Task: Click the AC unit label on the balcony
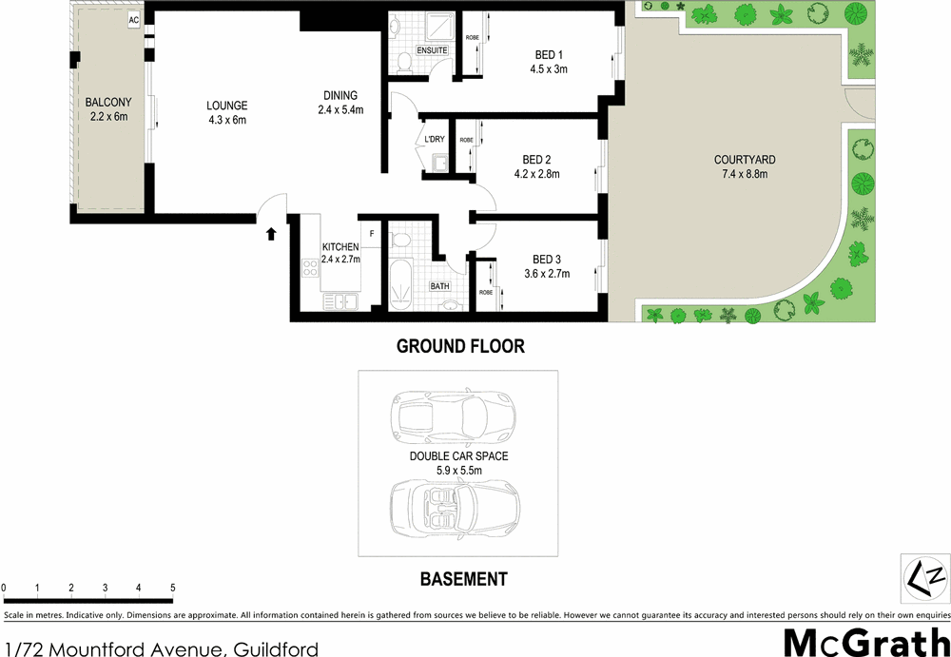(x=134, y=19)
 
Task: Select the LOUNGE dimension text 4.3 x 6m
(x=226, y=120)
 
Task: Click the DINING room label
(x=340, y=95)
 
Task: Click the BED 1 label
(x=549, y=54)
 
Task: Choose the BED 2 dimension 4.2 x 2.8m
(x=536, y=174)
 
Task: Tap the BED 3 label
(x=547, y=260)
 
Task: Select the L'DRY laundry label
(x=435, y=140)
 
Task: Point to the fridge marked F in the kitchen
(x=372, y=233)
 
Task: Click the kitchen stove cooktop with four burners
(x=310, y=268)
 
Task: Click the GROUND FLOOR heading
(x=460, y=346)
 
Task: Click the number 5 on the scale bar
(x=172, y=588)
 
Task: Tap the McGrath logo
(x=865, y=642)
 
